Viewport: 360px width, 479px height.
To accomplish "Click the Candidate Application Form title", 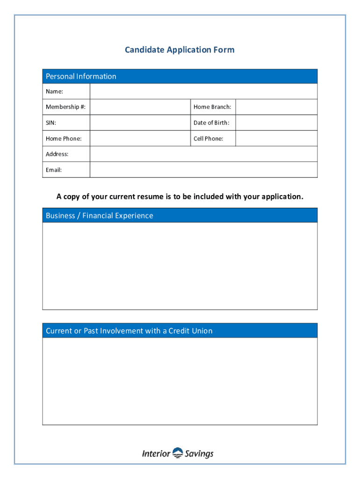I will pyautogui.click(x=180, y=50).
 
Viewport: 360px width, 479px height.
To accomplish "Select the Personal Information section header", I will pyautogui.click(x=81, y=76).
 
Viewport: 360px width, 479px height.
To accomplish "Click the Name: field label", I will pyautogui.click(x=54, y=91).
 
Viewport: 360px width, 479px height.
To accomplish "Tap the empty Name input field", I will pyautogui.click(x=203, y=91).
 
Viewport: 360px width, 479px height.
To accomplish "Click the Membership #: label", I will pyautogui.click(x=65, y=107).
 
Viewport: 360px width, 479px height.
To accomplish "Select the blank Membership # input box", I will pyautogui.click(x=140, y=107).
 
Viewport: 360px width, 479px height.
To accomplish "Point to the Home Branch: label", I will pyautogui.click(x=212, y=107).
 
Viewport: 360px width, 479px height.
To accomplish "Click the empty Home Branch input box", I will pyautogui.click(x=276, y=107).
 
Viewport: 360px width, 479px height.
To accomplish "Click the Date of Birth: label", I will pyautogui.click(x=212, y=123).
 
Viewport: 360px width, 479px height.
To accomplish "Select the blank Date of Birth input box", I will pyautogui.click(x=276, y=123).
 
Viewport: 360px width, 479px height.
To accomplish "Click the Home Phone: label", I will pyautogui.click(x=64, y=138).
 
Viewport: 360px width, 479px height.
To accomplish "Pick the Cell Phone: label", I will pyautogui.click(x=209, y=138).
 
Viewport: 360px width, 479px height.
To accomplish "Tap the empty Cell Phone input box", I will pyautogui.click(x=276, y=138).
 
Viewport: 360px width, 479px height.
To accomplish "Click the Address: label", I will pyautogui.click(x=57, y=154).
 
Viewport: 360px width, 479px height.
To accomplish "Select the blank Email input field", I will pyautogui.click(x=203, y=170).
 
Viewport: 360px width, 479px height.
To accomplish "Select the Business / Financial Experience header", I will pyautogui.click(x=99, y=216).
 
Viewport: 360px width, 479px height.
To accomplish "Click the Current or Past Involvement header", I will pyautogui.click(x=129, y=331).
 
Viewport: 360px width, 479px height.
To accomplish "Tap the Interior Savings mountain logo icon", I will pyautogui.click(x=178, y=452).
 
